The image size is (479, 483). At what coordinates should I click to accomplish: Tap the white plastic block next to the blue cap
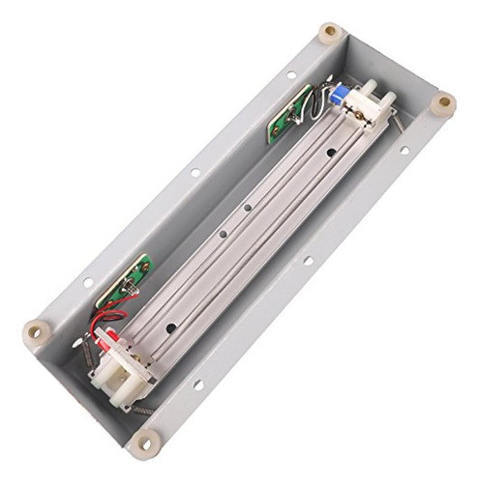(366, 101)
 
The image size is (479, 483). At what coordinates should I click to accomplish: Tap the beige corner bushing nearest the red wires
(36, 331)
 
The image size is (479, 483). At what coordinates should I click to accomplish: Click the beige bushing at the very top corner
(330, 31)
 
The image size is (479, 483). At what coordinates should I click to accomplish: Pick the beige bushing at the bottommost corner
(147, 443)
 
